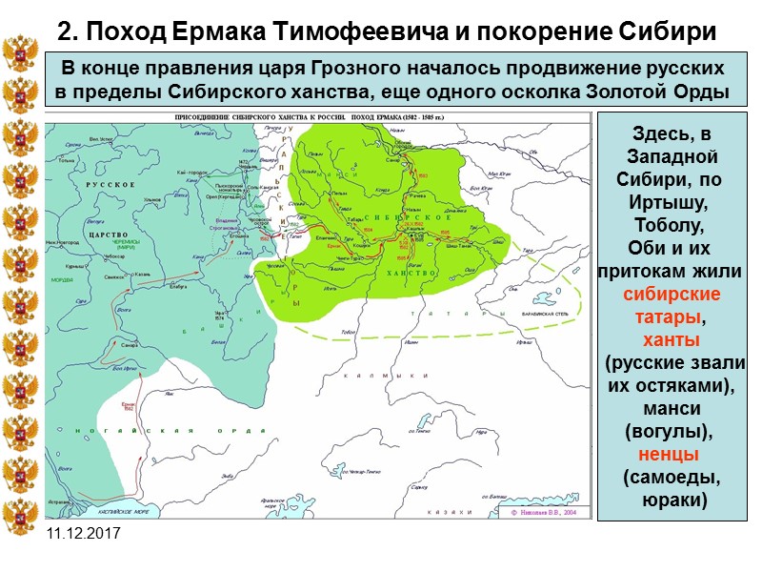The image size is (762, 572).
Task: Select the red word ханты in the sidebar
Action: [671, 340]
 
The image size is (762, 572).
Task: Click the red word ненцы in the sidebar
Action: [671, 454]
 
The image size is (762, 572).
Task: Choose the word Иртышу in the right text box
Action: [671, 203]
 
